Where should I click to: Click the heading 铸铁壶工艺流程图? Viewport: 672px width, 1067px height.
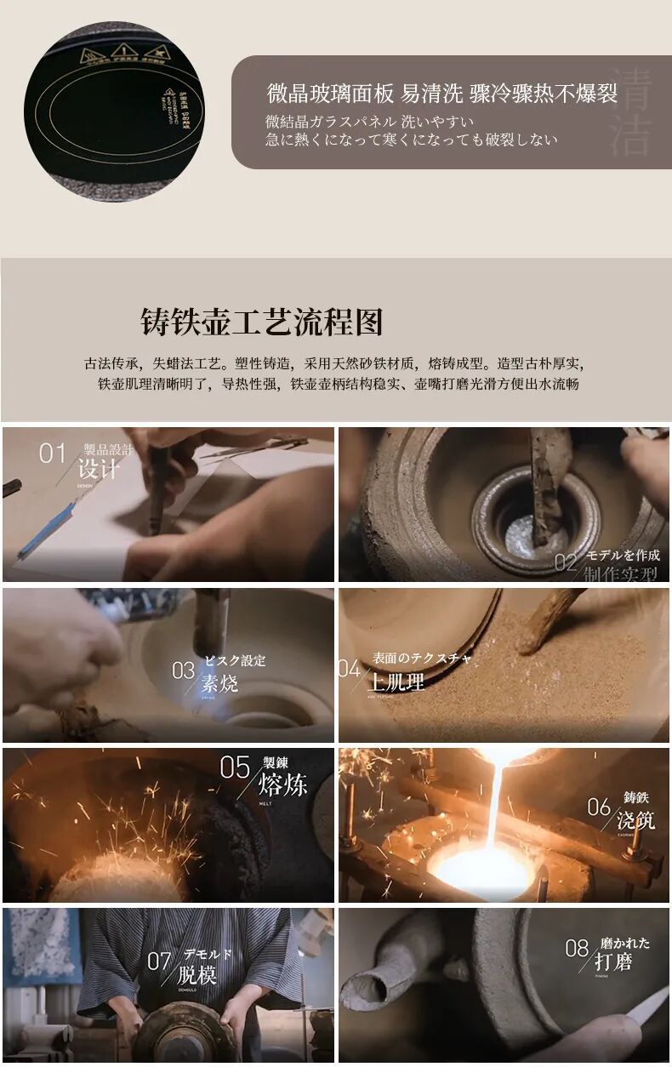click(262, 322)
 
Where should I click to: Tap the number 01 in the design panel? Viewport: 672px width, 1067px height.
click(52, 454)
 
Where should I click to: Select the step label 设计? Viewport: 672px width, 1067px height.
click(98, 469)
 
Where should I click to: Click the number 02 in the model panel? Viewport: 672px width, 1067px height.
click(566, 562)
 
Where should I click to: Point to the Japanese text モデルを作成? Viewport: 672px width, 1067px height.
click(623, 555)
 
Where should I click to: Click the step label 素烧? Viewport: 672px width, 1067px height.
click(219, 683)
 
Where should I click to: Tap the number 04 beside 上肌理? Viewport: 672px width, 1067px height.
click(349, 669)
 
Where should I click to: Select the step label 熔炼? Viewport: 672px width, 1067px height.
click(282, 783)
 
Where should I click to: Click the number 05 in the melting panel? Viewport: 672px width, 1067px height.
click(235, 767)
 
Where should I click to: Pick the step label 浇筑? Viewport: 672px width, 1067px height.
click(636, 820)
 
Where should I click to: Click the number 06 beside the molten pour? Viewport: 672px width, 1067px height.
click(599, 806)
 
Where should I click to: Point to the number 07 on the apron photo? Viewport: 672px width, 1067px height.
click(159, 961)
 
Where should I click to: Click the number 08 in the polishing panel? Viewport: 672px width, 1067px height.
click(577, 948)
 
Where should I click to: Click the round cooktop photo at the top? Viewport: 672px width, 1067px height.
click(115, 111)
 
